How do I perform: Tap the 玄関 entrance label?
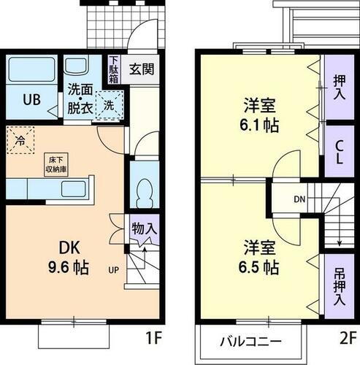click(141, 70)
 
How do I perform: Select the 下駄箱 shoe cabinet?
click(113, 69)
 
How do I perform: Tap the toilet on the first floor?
click(145, 188)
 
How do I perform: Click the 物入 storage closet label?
click(144, 228)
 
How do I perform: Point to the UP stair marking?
click(114, 269)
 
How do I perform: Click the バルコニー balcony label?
click(252, 341)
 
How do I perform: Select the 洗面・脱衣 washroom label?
click(81, 99)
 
